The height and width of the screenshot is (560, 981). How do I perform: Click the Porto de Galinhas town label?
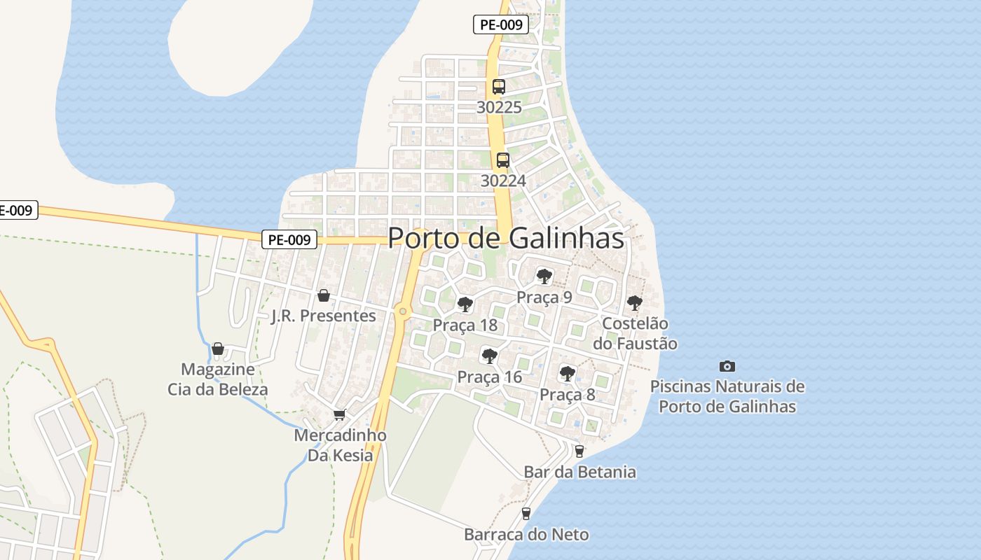click(505, 238)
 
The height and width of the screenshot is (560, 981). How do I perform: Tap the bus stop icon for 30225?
click(499, 87)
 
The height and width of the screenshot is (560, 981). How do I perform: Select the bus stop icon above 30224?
click(503, 160)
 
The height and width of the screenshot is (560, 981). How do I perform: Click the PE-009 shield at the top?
click(500, 25)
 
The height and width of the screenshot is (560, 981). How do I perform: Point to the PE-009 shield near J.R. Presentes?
click(290, 239)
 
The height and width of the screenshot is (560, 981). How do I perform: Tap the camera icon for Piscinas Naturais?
click(727, 366)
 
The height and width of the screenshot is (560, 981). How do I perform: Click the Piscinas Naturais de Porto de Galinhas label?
click(727, 396)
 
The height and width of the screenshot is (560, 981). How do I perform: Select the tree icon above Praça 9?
click(544, 276)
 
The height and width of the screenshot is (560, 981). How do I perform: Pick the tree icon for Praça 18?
click(465, 304)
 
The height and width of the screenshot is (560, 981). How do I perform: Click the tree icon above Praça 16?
click(490, 356)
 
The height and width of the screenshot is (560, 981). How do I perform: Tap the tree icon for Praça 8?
click(568, 373)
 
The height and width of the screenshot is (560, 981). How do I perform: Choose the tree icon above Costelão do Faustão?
click(635, 302)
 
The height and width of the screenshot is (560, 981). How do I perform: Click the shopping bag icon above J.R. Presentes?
click(324, 295)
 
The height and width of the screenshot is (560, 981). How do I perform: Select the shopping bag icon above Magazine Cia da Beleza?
click(218, 348)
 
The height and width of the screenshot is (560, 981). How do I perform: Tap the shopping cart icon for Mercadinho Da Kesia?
click(340, 414)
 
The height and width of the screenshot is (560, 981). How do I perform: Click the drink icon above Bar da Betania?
click(579, 451)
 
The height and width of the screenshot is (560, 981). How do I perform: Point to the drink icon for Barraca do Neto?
click(526, 514)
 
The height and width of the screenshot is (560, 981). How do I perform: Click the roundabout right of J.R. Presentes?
click(402, 311)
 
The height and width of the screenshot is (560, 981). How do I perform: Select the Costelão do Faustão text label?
click(635, 334)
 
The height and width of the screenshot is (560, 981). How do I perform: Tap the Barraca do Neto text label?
click(526, 535)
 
